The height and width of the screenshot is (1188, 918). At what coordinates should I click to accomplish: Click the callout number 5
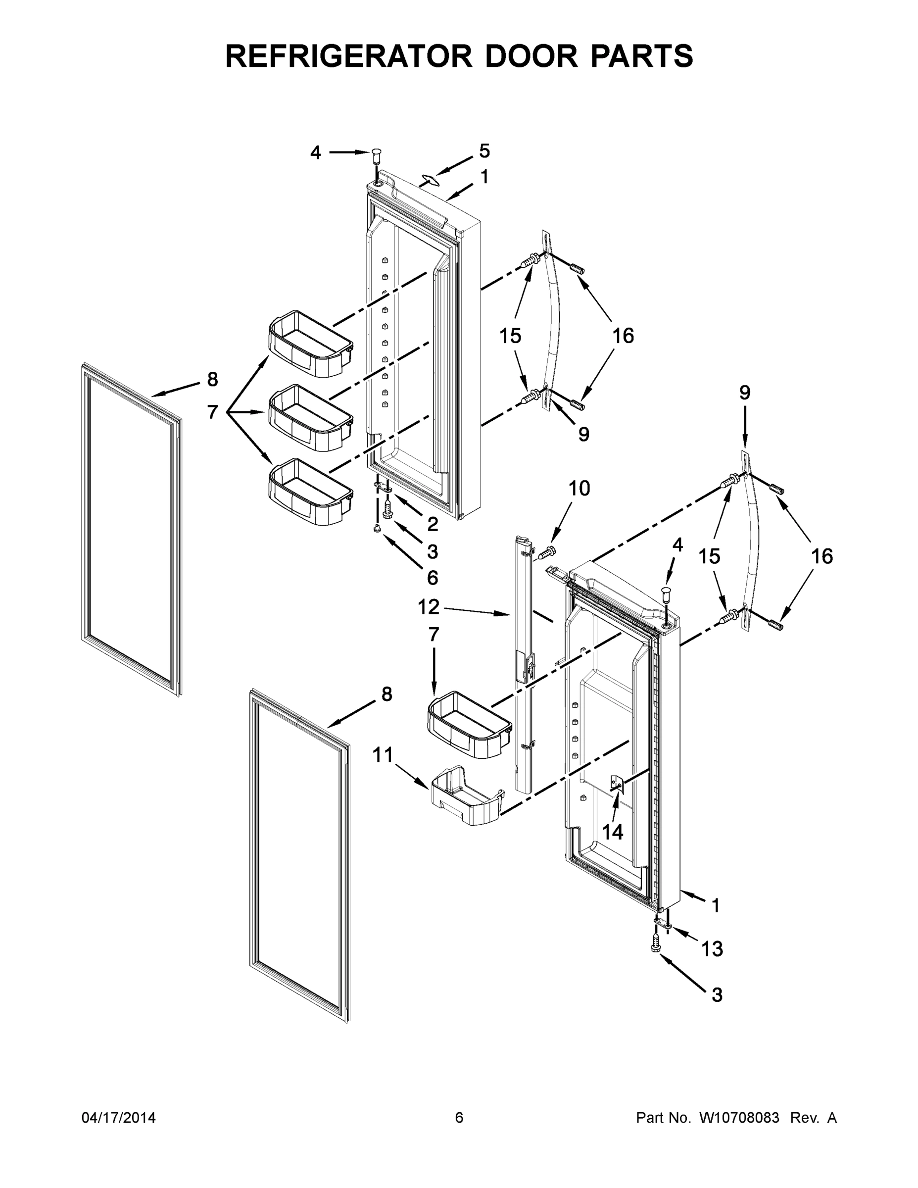(x=484, y=150)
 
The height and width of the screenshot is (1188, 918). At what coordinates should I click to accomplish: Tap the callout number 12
(x=428, y=606)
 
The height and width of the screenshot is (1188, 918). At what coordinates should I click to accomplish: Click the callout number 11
(x=383, y=755)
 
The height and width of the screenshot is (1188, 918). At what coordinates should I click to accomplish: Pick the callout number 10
(x=579, y=488)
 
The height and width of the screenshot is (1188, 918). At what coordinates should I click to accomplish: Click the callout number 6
(x=433, y=577)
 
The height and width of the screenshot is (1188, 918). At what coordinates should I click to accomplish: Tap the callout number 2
(x=433, y=524)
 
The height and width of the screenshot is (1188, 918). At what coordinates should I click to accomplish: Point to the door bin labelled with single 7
(x=469, y=724)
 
